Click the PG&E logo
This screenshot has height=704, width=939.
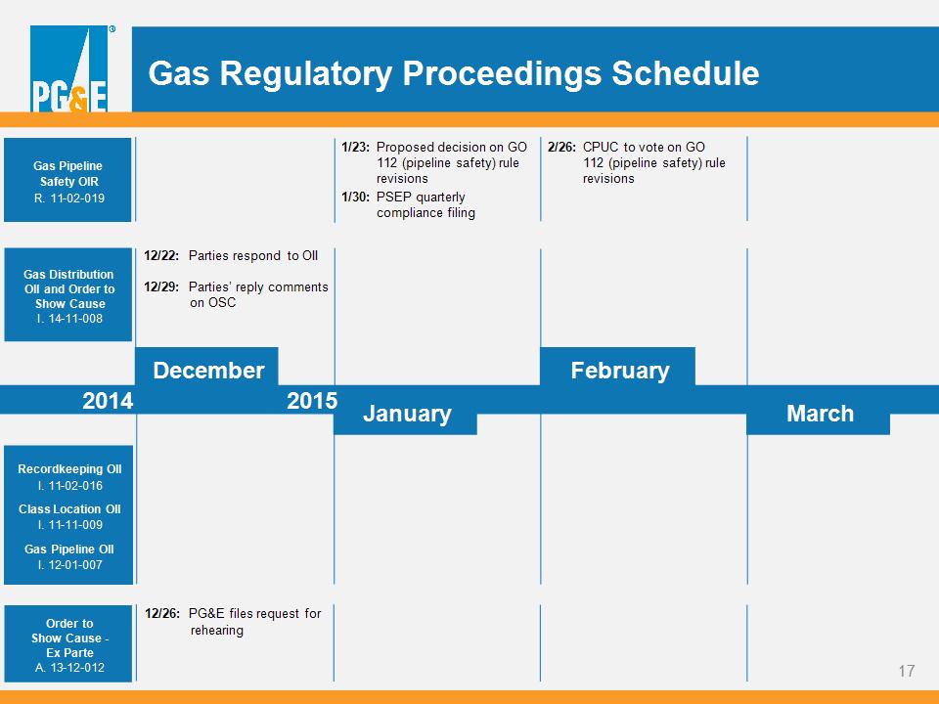click(x=68, y=68)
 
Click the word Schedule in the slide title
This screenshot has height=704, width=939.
click(x=685, y=73)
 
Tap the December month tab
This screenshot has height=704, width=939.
click(x=206, y=367)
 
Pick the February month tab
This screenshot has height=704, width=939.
click(x=617, y=367)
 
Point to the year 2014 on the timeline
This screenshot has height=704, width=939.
click(x=108, y=401)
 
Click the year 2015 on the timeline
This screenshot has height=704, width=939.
click(x=312, y=401)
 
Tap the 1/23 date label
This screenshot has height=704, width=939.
click(x=355, y=148)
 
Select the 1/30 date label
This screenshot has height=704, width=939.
click(x=355, y=197)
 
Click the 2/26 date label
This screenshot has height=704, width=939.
click(x=561, y=148)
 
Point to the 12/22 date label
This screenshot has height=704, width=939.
click(x=161, y=255)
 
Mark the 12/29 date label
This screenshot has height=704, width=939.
click(x=161, y=286)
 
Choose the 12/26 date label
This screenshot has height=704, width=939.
click(x=161, y=614)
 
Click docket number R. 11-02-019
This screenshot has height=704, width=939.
click(x=68, y=198)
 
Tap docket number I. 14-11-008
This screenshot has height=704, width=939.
click(x=69, y=319)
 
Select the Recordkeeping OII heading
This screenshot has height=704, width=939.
click(x=69, y=469)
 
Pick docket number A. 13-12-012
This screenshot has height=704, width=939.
click(x=69, y=668)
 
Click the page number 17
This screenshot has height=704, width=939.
click(x=907, y=671)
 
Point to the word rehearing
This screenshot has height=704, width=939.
click(x=217, y=631)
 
